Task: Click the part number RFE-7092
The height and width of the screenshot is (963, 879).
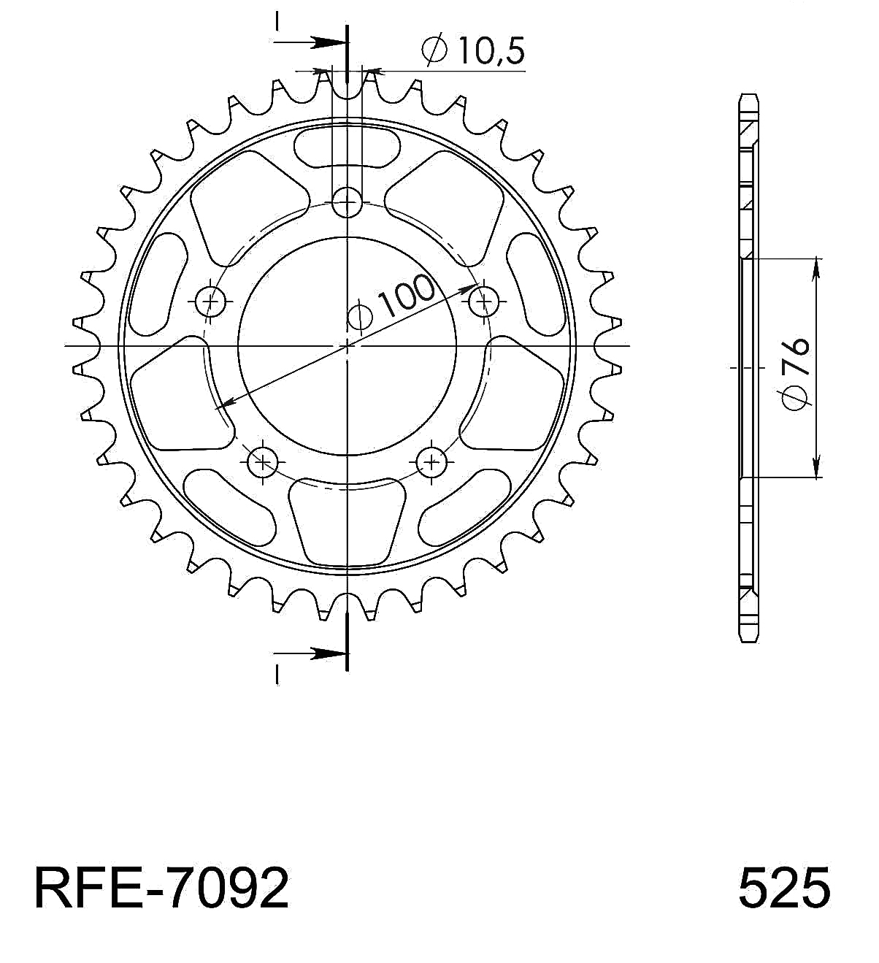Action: (162, 888)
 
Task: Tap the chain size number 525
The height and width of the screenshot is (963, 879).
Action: (784, 888)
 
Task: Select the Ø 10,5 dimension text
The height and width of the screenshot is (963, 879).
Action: (473, 50)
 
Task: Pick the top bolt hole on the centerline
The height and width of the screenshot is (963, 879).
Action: (347, 202)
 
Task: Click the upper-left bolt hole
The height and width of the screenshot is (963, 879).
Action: (210, 302)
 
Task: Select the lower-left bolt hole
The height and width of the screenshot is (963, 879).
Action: (263, 462)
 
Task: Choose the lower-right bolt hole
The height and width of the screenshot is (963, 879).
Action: (431, 462)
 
